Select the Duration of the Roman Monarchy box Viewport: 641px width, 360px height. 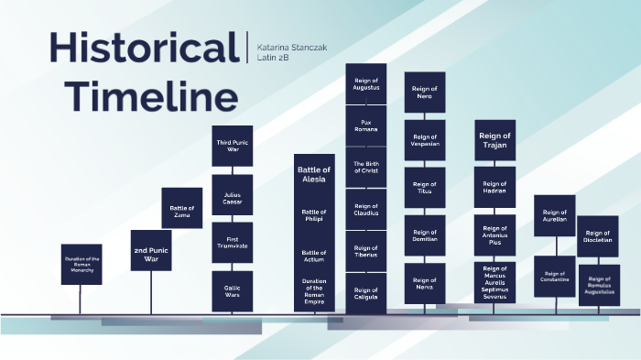pos(81,264)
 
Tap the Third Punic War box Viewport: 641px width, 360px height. pos(233,146)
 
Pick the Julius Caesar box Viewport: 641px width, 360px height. pos(233,194)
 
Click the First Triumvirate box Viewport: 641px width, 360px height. pos(233,242)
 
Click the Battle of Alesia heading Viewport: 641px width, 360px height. pos(314,175)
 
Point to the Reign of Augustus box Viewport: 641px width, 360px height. pos(366,84)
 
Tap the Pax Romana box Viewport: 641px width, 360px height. pos(366,125)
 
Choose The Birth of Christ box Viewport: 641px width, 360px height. pos(366,167)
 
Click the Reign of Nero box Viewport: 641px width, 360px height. pos(425,92)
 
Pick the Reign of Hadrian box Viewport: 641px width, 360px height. pos(494,187)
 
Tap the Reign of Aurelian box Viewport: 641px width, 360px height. pos(555,215)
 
